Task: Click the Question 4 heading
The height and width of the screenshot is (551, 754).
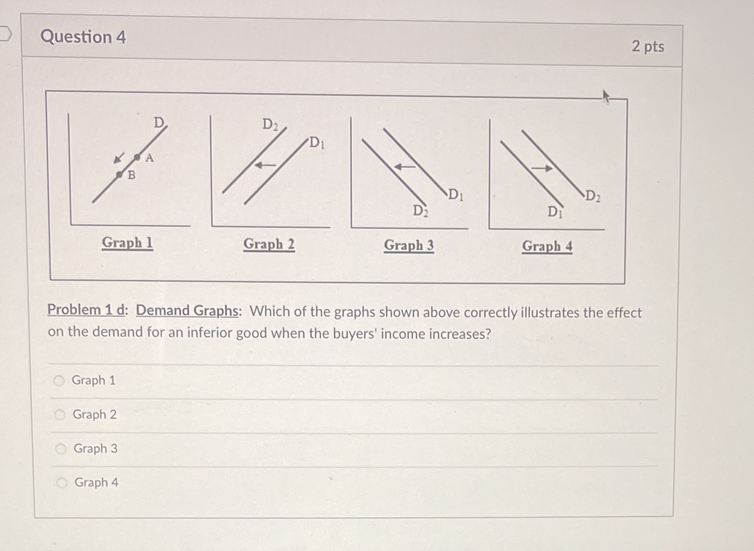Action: click(83, 37)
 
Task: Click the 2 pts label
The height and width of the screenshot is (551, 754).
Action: click(648, 46)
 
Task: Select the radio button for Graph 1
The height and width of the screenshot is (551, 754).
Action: click(59, 381)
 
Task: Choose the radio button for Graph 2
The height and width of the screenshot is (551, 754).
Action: click(60, 415)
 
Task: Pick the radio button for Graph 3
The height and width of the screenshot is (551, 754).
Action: click(61, 449)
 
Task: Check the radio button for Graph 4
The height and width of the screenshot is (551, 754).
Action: click(62, 483)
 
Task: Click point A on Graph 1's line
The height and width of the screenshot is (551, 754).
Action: click(137, 157)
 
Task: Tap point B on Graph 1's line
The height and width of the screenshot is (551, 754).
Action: click(120, 175)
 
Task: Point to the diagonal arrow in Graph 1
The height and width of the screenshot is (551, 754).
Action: click(119, 158)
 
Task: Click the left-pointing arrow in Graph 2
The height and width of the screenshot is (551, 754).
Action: click(265, 165)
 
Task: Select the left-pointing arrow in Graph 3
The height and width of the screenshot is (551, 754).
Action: click(405, 167)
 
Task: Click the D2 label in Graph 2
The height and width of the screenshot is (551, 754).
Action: click(270, 125)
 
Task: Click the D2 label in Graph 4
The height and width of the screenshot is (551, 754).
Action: click(593, 196)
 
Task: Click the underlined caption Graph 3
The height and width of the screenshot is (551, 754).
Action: click(409, 245)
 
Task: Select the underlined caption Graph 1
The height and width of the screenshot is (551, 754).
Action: click(127, 242)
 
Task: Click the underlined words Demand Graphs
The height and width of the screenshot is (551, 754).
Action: click(187, 310)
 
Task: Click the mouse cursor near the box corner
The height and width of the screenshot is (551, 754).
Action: click(605, 96)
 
